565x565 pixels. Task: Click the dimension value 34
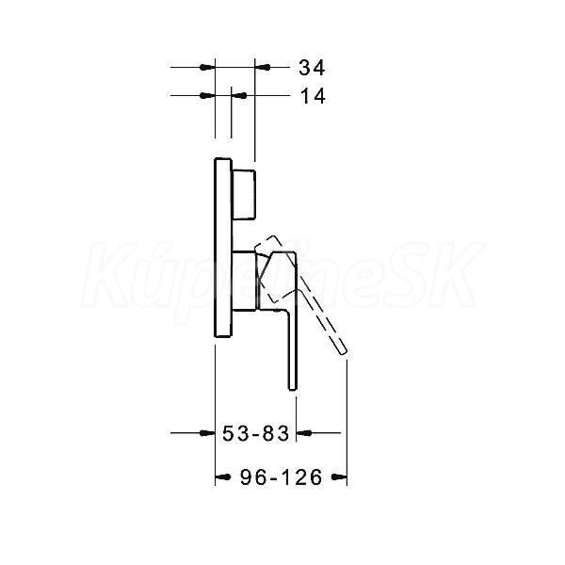312,68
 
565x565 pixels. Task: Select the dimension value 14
313,96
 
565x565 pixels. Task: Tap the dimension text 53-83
255,433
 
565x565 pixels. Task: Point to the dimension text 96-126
281,477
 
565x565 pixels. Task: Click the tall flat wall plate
223,248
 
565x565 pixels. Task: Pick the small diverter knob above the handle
244,194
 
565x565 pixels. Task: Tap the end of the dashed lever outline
344,351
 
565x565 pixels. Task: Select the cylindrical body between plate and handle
246,281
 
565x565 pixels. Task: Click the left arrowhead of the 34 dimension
207,68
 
